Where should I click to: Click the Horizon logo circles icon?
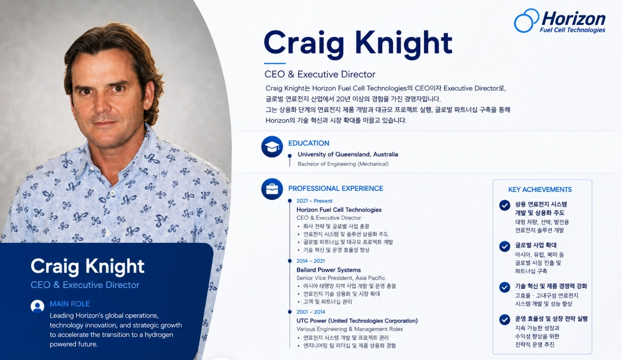(526, 21)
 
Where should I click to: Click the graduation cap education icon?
(272, 146)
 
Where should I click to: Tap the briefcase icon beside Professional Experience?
(272, 189)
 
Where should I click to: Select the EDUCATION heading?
(309, 143)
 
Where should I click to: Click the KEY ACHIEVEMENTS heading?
(540, 189)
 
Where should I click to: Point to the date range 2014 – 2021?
(311, 261)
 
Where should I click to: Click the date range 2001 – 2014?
(311, 312)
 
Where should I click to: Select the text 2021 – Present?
(314, 201)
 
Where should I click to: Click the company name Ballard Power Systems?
(328, 270)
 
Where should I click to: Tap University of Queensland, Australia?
(348, 154)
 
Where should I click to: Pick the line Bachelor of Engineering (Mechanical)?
(343, 164)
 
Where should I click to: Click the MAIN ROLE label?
(70, 304)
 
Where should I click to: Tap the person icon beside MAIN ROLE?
(37, 306)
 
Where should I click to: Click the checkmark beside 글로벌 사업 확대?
(505, 246)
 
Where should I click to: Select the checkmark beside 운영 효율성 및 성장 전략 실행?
(505, 319)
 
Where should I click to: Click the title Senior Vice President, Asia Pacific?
(341, 278)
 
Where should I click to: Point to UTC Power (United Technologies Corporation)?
(357, 321)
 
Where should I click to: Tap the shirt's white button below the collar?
(112, 193)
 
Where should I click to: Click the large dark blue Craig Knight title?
(358, 43)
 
